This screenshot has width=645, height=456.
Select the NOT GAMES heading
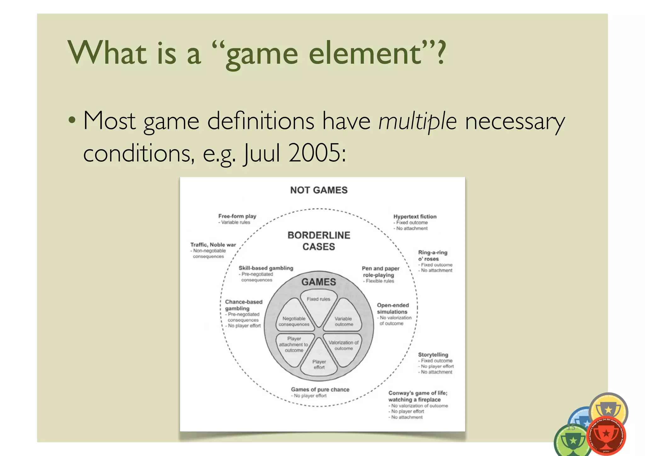[319, 190]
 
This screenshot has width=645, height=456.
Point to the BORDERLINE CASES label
[319, 241]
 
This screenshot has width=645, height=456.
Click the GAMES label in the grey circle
[319, 282]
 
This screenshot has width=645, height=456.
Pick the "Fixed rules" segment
[318, 303]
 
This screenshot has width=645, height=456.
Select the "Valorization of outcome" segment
[343, 345]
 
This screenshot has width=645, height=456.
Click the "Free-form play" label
[237, 216]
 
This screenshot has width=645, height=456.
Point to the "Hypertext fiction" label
[415, 216]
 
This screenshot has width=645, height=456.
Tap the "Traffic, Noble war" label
[213, 245]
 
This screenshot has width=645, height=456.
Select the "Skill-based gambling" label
[266, 268]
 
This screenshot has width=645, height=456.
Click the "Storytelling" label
[433, 355]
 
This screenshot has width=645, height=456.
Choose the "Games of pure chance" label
[320, 390]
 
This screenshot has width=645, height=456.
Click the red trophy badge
[606, 436]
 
